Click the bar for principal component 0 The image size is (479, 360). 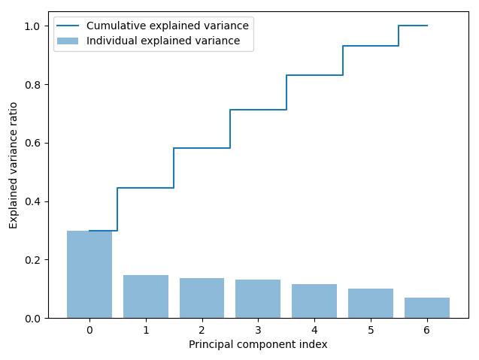click(89, 274)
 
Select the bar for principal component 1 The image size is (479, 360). click(146, 297)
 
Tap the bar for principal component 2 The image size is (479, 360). click(202, 298)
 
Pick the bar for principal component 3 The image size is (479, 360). click(258, 299)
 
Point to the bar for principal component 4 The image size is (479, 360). click(314, 301)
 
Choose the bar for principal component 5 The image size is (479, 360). click(371, 304)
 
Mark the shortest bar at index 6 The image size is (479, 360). click(426, 308)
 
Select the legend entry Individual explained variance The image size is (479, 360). click(163, 41)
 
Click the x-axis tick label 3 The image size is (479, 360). click(258, 330)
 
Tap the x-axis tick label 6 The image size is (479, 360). click(426, 330)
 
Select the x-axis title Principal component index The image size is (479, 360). click(258, 345)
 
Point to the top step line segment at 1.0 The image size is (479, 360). click(413, 26)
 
